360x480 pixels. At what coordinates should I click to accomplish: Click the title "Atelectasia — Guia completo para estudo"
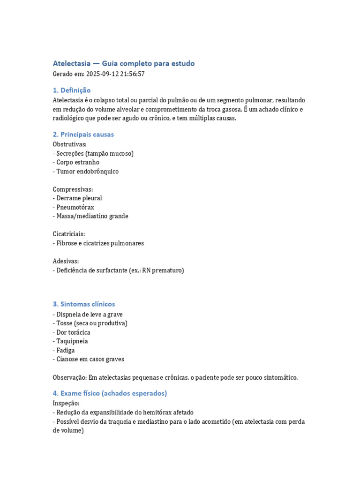point(123,63)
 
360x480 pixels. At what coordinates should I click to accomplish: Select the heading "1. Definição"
point(72,90)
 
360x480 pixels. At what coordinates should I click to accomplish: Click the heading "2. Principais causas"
point(83,135)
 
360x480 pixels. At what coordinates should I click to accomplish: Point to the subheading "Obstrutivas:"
point(70,144)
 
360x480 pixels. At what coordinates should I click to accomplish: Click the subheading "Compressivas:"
point(73,189)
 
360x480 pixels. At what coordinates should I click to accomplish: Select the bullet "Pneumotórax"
point(76,207)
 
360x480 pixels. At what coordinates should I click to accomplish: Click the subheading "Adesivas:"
point(66,261)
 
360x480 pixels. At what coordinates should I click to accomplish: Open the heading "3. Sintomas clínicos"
point(84,304)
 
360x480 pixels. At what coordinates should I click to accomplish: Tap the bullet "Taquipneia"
point(72,341)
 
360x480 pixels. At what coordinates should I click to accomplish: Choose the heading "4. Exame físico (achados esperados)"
point(110,393)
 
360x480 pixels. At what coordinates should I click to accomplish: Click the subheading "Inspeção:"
point(66,403)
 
